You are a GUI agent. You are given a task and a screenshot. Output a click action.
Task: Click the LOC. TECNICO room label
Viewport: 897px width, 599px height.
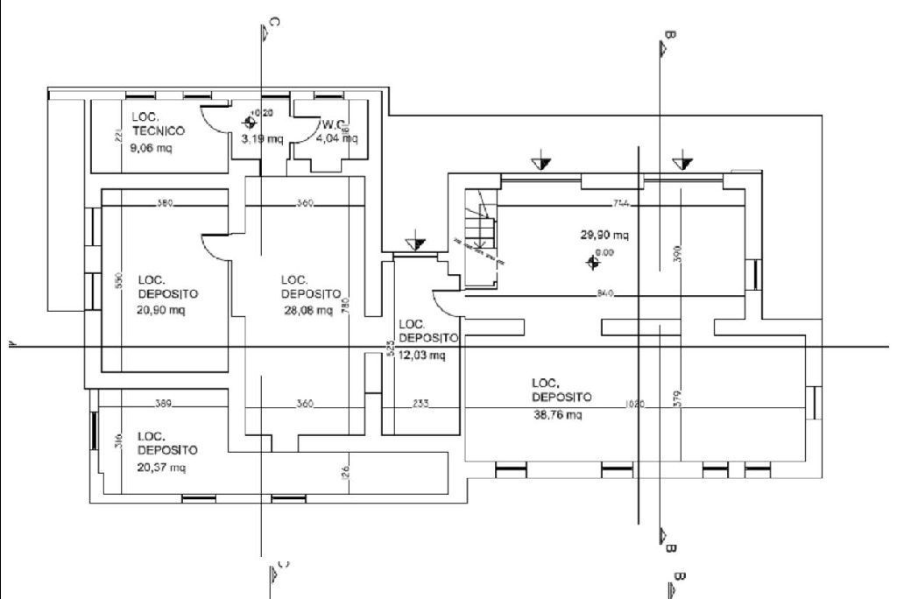(x=158, y=123)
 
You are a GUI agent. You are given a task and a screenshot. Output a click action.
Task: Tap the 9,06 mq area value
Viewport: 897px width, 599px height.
(x=151, y=148)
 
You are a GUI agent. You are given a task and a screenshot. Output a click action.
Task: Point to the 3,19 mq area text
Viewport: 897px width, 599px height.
(x=262, y=138)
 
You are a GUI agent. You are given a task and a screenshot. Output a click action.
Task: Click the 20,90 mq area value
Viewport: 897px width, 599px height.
(x=161, y=310)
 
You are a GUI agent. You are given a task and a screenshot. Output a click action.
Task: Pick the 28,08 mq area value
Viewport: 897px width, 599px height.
(x=307, y=310)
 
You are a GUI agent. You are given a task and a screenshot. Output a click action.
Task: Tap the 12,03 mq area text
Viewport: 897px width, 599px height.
(x=422, y=356)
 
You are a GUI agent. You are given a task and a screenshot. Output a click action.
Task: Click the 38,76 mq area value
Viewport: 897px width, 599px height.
(x=557, y=415)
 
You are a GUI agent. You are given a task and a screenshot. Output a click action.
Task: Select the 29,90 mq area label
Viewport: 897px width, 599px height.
(x=604, y=235)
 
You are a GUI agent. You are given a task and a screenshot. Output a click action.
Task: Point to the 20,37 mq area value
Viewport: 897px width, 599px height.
(x=161, y=468)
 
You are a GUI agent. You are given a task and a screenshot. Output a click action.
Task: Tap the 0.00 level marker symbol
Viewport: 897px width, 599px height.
(x=595, y=261)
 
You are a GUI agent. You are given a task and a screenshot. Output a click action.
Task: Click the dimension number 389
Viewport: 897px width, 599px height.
(x=163, y=405)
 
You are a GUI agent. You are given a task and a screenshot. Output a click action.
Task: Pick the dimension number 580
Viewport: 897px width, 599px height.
(x=164, y=203)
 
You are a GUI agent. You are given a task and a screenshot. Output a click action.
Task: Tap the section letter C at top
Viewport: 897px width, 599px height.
(x=275, y=22)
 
